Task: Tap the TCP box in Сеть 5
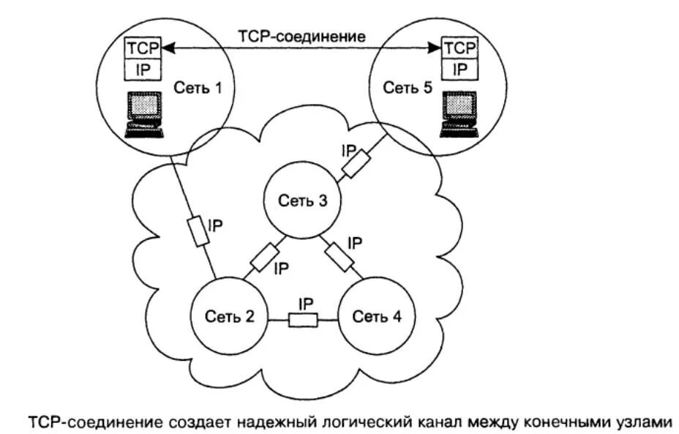pyautogui.click(x=460, y=48)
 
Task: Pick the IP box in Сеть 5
pyautogui.click(x=460, y=70)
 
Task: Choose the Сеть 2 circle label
pyautogui.click(x=229, y=317)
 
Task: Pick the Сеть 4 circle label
pyautogui.click(x=377, y=317)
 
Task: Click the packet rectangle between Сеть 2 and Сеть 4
pyautogui.click(x=303, y=320)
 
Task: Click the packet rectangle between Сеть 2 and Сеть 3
pyautogui.click(x=263, y=256)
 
